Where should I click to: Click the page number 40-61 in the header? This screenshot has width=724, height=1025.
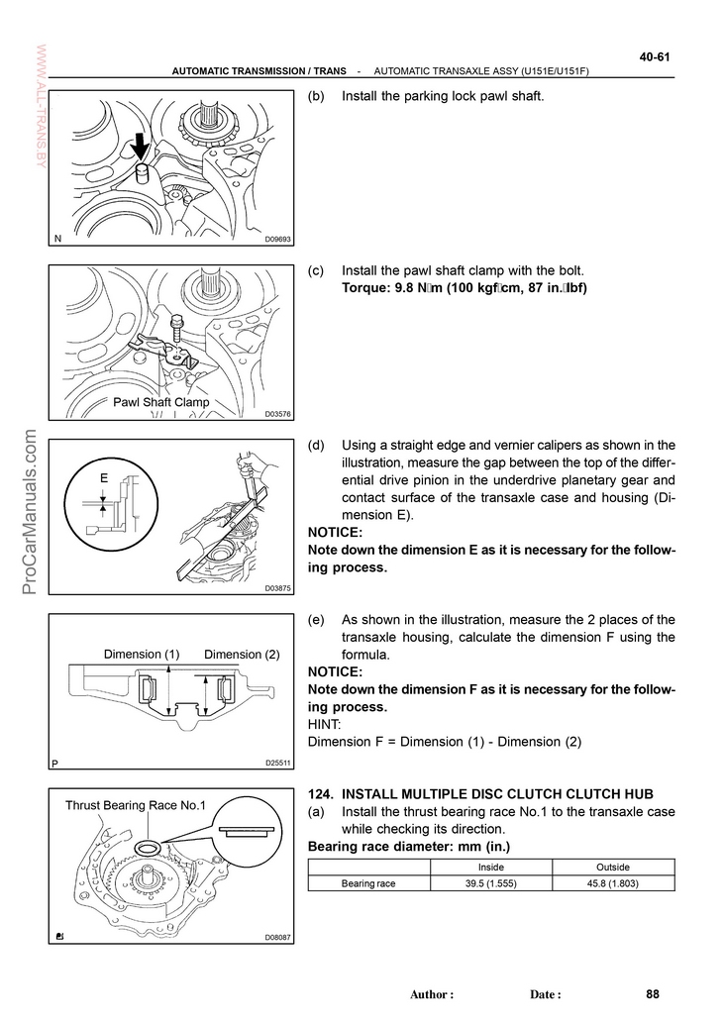tap(655, 56)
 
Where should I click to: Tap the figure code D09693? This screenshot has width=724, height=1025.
tap(277, 239)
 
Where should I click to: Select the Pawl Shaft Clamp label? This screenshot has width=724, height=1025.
tap(161, 402)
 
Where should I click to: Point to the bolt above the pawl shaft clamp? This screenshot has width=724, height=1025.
tap(175, 323)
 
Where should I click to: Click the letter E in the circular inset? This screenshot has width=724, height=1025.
tap(103, 478)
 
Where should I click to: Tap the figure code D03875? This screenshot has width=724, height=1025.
tap(277, 588)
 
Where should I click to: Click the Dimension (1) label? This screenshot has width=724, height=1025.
tap(142, 655)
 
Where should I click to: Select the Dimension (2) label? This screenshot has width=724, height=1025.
tap(242, 655)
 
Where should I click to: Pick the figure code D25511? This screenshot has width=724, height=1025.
tap(277, 763)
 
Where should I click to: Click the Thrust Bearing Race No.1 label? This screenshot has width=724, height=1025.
tap(135, 805)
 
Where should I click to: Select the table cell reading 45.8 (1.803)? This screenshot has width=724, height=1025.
tap(613, 882)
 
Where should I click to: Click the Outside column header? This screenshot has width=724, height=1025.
tap(613, 867)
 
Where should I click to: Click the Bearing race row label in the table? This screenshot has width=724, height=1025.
tap(368, 882)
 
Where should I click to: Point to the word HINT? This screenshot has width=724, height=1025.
tap(328, 725)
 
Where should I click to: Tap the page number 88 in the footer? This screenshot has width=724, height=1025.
tap(651, 994)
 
